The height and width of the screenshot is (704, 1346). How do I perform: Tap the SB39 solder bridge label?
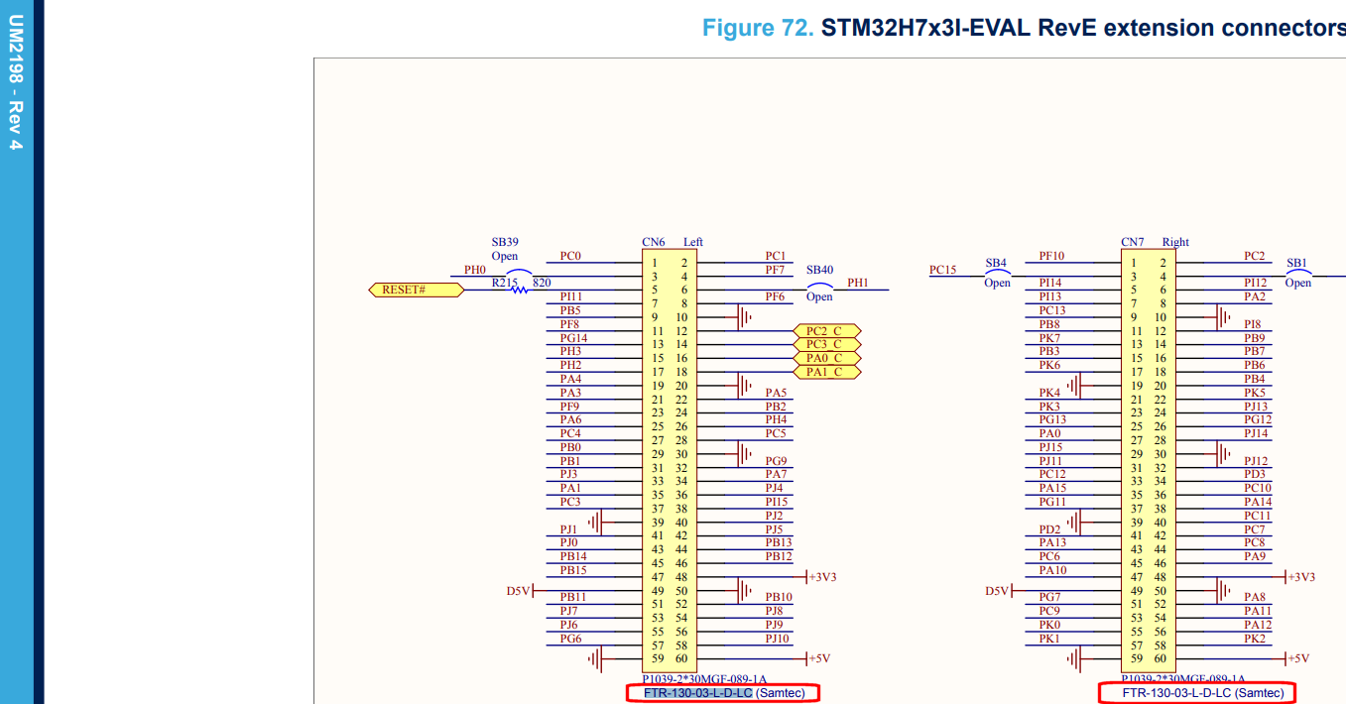pos(505,242)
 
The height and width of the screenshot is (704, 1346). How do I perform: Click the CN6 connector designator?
pos(654,242)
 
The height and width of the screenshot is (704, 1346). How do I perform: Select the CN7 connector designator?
pos(1133,242)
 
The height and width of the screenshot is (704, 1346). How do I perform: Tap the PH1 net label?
pos(858,283)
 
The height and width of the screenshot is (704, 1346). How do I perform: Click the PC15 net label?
pos(943,270)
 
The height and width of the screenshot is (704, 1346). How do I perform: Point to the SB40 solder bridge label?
pos(819,270)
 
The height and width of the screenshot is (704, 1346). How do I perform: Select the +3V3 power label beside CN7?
pos(1300,577)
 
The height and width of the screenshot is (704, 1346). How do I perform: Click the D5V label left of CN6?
pos(519,591)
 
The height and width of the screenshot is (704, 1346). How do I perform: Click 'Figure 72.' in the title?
pos(757,28)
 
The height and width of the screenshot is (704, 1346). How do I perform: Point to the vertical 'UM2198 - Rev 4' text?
pos(16,84)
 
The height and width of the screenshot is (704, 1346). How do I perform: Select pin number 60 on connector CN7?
pos(1161,658)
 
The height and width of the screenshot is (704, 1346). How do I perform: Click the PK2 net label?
pos(1255,639)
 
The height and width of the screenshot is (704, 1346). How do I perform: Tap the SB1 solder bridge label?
pos(1297,264)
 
